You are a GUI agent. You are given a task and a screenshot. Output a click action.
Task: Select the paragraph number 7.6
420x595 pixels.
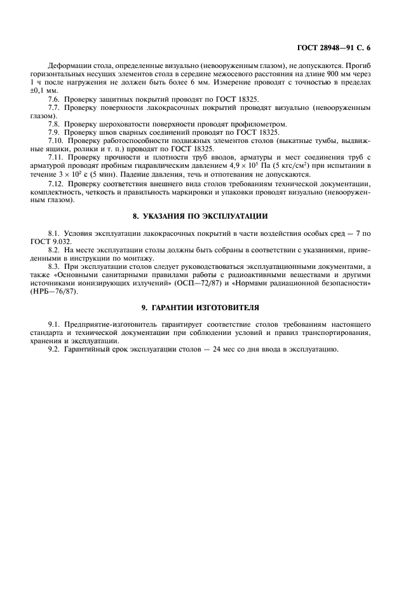click(x=55, y=99)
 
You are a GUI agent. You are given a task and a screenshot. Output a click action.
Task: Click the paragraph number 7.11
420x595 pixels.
click(x=58, y=157)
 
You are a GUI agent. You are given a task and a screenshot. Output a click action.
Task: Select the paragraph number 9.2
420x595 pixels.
click(x=55, y=349)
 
